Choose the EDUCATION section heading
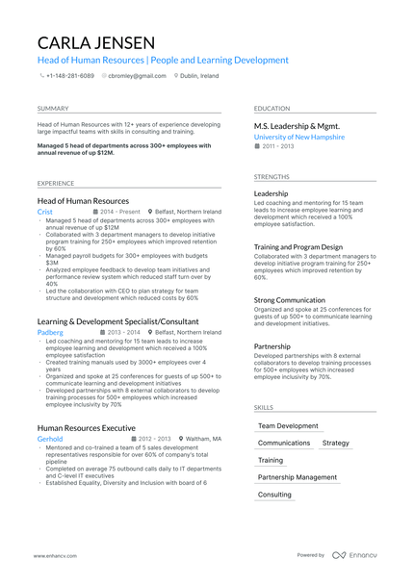272,109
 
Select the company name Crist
45,211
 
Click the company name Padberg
50,332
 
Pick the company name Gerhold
50,438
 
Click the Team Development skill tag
288,425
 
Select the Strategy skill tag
336,443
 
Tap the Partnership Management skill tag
298,477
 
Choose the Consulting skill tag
274,495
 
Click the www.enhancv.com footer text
55,555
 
